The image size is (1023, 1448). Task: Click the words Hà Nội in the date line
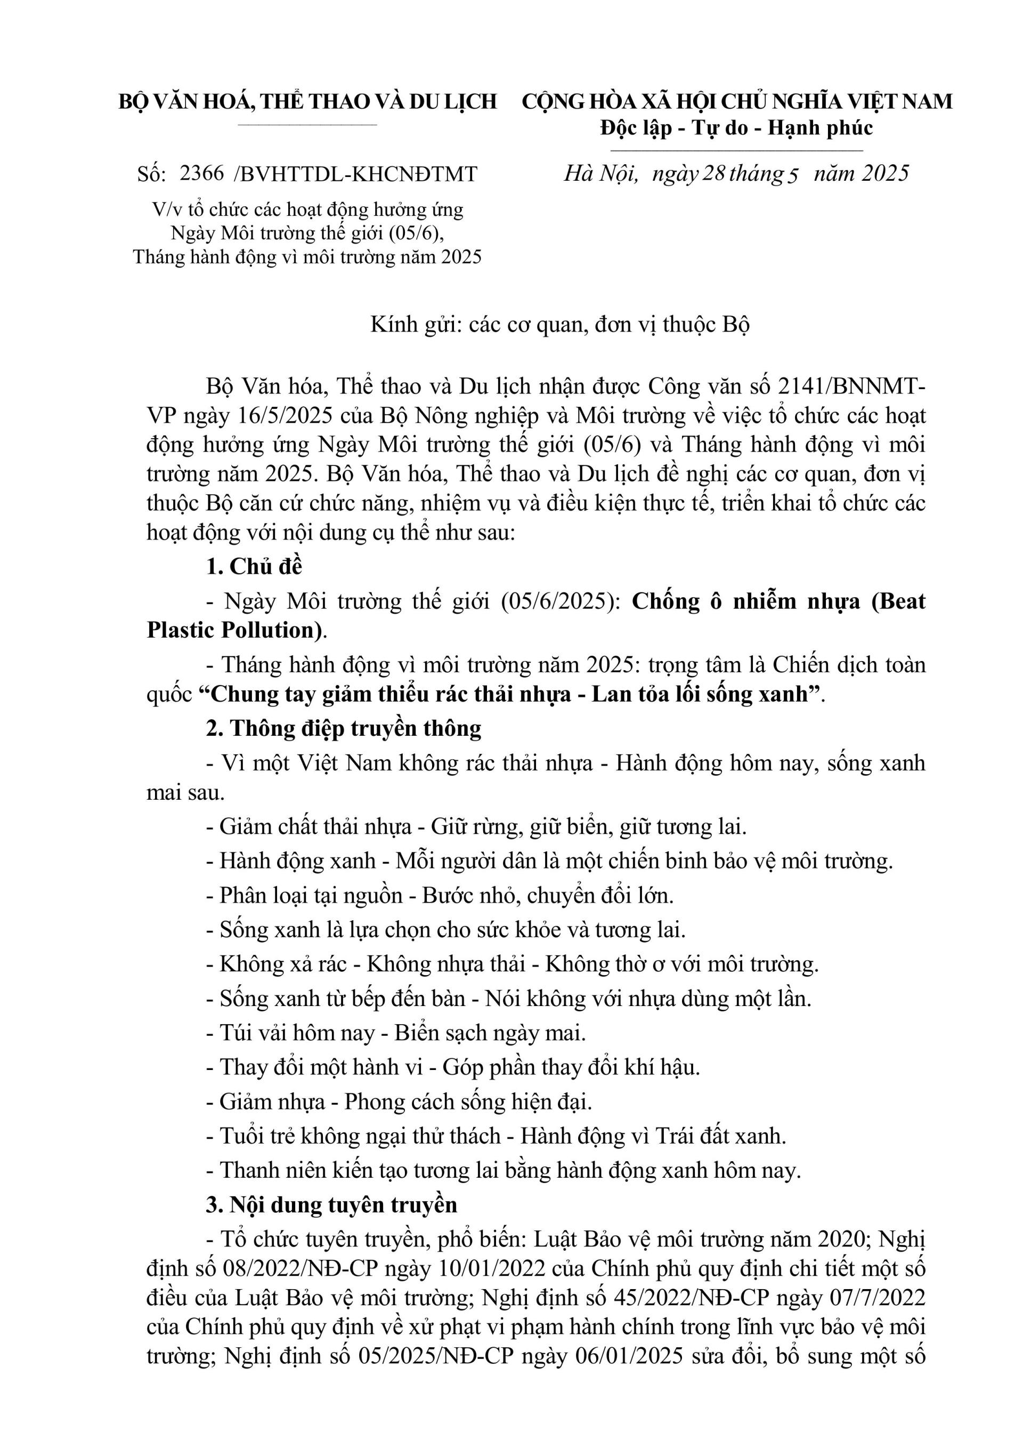(x=600, y=173)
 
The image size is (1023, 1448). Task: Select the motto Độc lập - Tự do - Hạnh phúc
(x=737, y=128)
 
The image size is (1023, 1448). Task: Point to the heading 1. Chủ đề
(x=254, y=566)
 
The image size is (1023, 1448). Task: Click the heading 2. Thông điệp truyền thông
(x=344, y=728)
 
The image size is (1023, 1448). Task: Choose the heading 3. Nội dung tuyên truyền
(x=331, y=1204)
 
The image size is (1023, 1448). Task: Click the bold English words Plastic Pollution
(x=231, y=630)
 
